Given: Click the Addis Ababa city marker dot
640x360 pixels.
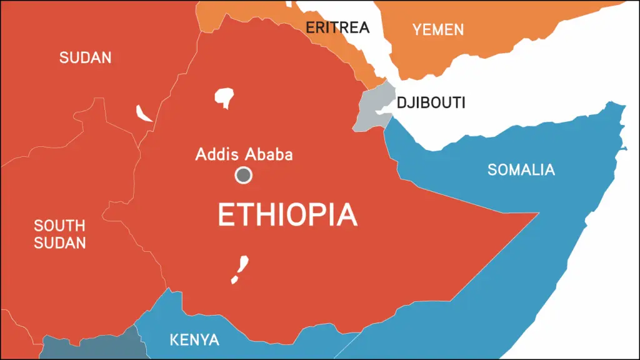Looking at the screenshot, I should [x=243, y=176].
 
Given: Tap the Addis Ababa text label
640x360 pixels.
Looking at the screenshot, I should [x=244, y=154].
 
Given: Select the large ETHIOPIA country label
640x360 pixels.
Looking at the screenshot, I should [x=287, y=216].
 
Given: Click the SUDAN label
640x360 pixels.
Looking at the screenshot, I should [x=86, y=58].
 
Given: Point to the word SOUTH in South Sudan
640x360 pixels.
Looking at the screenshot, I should [x=59, y=226].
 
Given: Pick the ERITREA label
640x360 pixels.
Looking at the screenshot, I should [x=337, y=27].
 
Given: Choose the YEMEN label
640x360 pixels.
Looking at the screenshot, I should [x=438, y=29].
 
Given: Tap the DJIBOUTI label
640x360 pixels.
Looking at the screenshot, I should [x=431, y=103].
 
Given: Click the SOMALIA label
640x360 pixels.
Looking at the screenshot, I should [x=521, y=169].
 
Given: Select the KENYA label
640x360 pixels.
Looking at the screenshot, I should [x=194, y=341].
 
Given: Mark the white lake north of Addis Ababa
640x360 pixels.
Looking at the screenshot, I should [x=224, y=97].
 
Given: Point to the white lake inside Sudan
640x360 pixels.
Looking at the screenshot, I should [x=144, y=113].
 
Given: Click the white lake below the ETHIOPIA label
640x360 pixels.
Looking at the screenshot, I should [x=239, y=269].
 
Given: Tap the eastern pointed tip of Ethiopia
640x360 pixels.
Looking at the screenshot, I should [x=536, y=214].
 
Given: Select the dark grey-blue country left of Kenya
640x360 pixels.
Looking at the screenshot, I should [x=87, y=347].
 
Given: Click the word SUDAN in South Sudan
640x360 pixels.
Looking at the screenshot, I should [x=60, y=243].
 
